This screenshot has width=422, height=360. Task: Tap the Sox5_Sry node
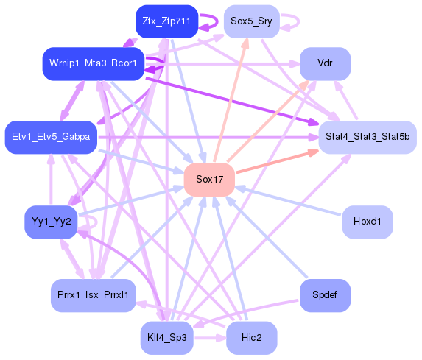click(x=251, y=21)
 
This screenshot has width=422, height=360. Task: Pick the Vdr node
click(x=325, y=63)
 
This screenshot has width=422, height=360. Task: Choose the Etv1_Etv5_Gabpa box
click(x=51, y=137)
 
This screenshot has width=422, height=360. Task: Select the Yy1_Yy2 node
click(x=51, y=221)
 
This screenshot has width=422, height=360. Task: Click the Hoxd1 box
click(x=368, y=221)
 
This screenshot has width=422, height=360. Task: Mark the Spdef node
click(x=325, y=295)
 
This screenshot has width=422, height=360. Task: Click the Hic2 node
click(x=251, y=338)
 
